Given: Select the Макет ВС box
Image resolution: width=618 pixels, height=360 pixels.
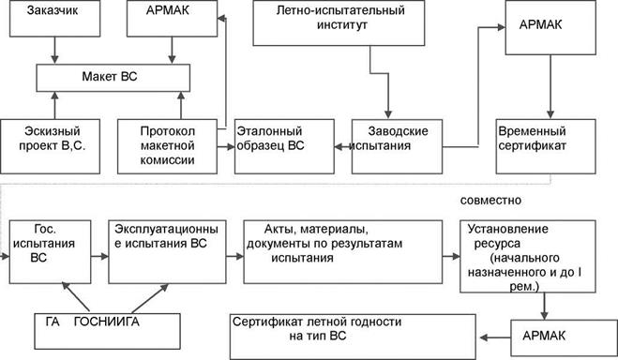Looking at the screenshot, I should pos(112,76).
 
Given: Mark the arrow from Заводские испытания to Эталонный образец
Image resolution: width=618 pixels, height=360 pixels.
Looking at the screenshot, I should pos(340,146).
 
